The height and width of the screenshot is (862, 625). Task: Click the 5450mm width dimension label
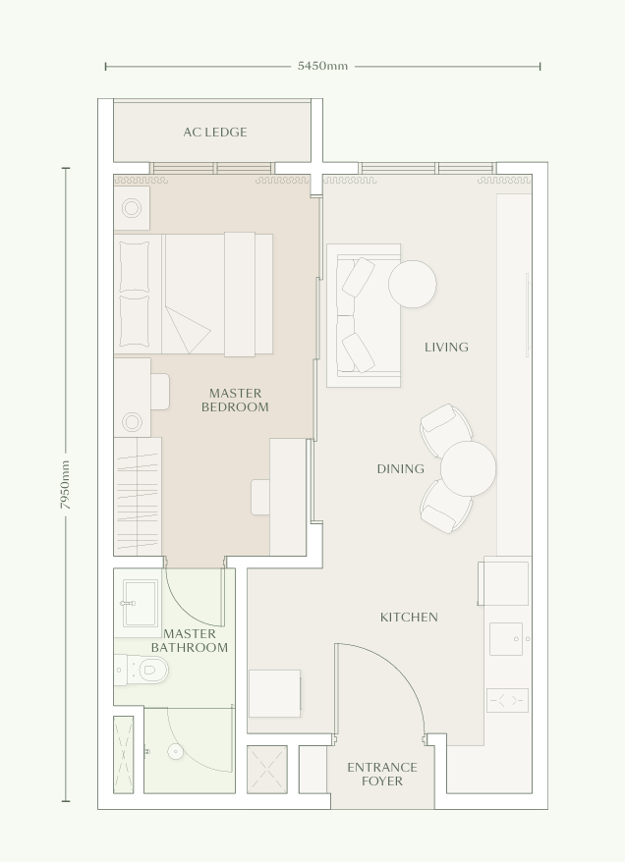coord(322,67)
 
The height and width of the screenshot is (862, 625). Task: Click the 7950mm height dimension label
coord(66,484)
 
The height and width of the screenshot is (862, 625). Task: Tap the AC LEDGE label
coord(215,133)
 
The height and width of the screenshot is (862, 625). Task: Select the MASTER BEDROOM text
coord(235,401)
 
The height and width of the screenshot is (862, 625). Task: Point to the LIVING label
coord(446,347)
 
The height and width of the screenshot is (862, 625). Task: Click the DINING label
coord(400,469)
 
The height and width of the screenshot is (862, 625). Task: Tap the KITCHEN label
coord(409,618)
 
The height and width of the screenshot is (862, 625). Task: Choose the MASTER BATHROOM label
coord(190,641)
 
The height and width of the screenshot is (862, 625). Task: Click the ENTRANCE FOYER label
coord(381,775)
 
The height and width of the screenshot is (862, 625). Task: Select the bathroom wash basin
coord(139,601)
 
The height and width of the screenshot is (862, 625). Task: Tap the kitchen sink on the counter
coord(506,639)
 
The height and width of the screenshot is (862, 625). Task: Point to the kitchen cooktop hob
coord(507,700)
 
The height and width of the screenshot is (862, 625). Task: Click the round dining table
coord(468,468)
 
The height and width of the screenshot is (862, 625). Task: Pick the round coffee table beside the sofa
coord(412,284)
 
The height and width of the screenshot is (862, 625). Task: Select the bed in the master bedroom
coord(195,294)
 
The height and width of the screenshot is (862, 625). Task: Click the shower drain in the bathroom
coord(176,752)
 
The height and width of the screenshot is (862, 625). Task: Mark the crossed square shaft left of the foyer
coord(266,769)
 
